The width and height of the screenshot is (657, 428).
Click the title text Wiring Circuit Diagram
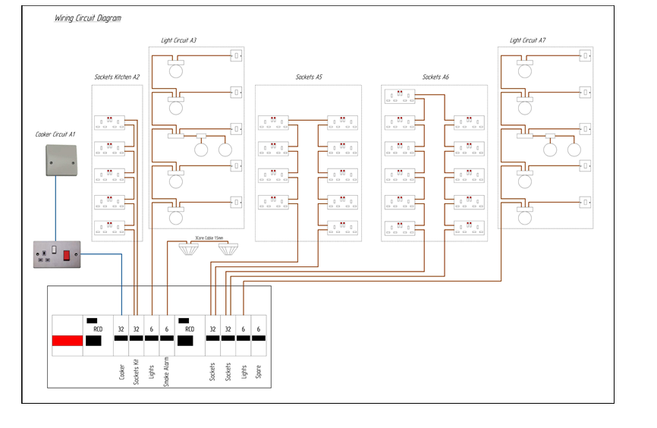(87, 17)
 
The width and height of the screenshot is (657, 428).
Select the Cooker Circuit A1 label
(56, 134)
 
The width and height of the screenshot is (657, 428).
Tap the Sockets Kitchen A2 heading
(117, 77)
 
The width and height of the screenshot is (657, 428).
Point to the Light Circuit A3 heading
(179, 39)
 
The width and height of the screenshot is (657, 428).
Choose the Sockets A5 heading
(309, 77)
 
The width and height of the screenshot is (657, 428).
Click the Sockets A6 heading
(435, 77)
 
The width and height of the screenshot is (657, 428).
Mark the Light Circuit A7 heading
(527, 39)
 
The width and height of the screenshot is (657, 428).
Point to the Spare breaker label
(259, 373)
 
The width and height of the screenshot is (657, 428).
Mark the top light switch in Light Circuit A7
(586, 55)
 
